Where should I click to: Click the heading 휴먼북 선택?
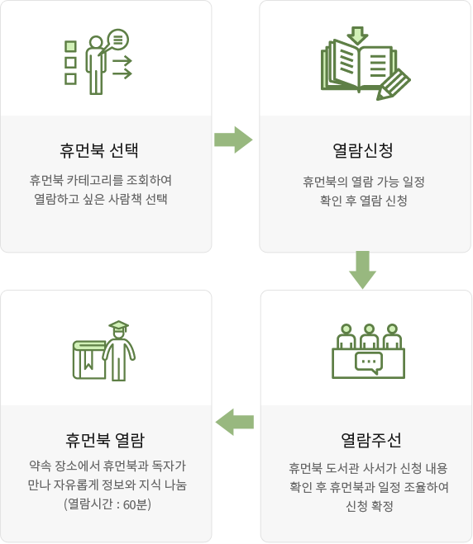[99, 150]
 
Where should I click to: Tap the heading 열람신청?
[363, 150]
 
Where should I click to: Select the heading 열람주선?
[370, 440]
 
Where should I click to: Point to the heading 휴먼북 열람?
[105, 440]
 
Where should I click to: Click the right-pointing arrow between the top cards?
[233, 140]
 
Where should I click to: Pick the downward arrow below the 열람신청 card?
[362, 270]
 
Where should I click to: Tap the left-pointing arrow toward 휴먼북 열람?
[235, 422]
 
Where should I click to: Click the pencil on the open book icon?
[393, 85]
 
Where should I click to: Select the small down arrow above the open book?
[357, 35]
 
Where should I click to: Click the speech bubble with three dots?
[369, 363]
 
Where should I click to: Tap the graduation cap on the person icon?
[118, 325]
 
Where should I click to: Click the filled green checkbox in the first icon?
[70, 46]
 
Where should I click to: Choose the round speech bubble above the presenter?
[117, 40]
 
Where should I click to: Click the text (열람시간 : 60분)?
[107, 504]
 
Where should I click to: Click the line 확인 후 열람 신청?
[363, 201]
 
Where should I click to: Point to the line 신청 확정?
[369, 506]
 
